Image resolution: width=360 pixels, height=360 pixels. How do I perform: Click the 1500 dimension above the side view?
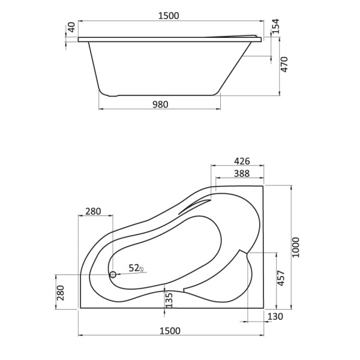coord(169,16)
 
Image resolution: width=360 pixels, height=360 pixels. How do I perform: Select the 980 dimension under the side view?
coord(160,104)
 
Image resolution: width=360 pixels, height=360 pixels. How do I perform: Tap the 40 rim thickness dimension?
coord(71,28)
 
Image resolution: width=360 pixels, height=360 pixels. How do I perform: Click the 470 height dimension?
coord(285,65)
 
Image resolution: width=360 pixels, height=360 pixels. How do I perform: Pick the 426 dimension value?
coord(240,161)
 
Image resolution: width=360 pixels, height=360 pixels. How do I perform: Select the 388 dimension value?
coord(240,173)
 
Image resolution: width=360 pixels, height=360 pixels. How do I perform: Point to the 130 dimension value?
coord(275,316)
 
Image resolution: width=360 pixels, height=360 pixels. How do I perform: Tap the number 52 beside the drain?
coord(133,268)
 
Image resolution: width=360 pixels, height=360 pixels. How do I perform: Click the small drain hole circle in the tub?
coord(112,275)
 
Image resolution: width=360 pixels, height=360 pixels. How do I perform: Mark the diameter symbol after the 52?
coord(142,269)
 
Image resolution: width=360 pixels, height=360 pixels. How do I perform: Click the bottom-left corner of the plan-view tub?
coord(80,308)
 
